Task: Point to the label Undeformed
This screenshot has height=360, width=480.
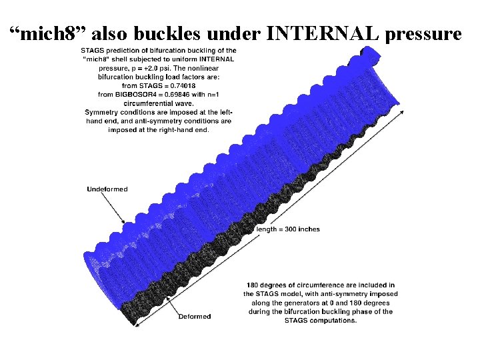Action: point(107,189)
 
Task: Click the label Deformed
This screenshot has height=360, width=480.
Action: point(194,317)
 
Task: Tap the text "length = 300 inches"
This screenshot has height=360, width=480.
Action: point(288,229)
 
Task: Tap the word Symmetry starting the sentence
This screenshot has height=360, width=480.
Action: point(103,112)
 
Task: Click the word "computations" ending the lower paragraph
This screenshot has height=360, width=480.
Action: point(333,320)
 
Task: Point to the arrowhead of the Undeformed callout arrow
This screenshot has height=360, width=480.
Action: point(123,222)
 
